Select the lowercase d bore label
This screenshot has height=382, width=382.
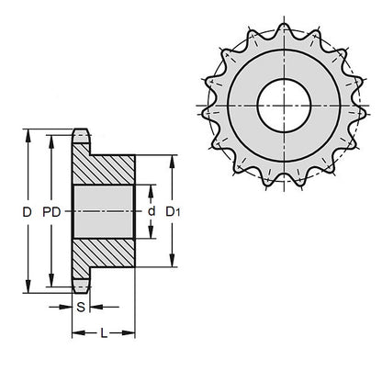coord(151,212)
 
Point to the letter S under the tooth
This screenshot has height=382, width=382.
coord(81,307)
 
